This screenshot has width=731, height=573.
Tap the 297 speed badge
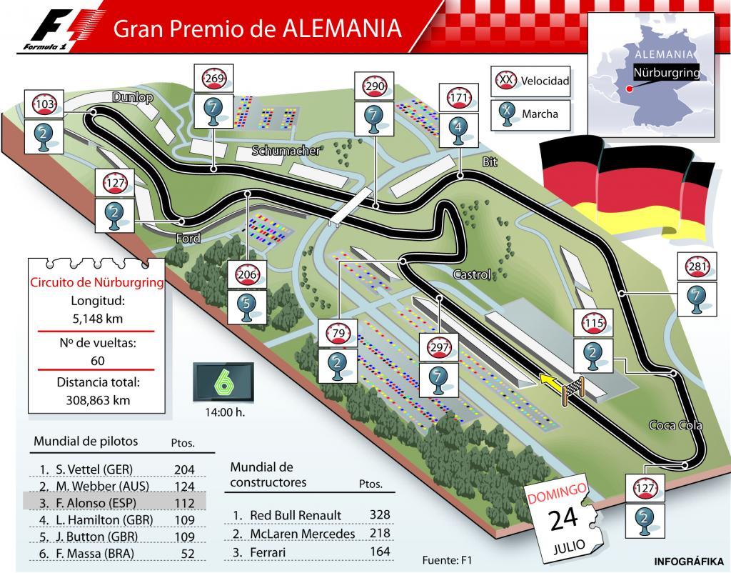(x=438, y=347)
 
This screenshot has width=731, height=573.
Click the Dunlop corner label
(x=133, y=98)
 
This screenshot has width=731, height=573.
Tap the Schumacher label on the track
(x=286, y=151)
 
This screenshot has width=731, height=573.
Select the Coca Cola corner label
(x=675, y=425)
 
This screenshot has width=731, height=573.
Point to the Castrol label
(x=472, y=274)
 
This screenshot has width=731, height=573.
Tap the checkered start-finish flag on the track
(x=577, y=388)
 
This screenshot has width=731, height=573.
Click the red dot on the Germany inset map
(x=628, y=89)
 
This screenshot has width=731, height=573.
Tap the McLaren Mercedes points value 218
(x=380, y=534)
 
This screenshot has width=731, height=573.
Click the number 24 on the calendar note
(x=563, y=519)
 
